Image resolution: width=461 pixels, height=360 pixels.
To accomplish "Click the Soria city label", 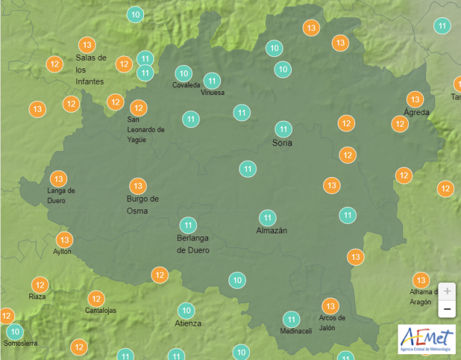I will [282, 143].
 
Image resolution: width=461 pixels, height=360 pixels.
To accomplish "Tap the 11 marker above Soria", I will [283, 129].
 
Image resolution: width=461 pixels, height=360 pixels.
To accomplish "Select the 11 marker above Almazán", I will [267, 218].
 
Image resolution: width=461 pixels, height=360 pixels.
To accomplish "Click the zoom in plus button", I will [447, 291].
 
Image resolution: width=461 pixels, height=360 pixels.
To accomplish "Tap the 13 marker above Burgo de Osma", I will [138, 186].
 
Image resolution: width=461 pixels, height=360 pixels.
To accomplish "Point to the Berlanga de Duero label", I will [193, 244].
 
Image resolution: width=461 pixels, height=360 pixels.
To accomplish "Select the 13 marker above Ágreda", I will [415, 99].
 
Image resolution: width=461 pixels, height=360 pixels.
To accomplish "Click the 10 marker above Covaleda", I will [184, 73].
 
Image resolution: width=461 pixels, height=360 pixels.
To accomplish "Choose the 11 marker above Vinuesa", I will [212, 81].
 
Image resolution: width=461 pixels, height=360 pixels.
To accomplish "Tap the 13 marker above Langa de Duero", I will [59, 178].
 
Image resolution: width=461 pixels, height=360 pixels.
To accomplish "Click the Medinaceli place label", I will [296, 331].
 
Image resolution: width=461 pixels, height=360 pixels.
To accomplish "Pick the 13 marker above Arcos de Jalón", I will [331, 306].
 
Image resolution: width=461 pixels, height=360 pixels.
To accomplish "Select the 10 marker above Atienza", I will [187, 310].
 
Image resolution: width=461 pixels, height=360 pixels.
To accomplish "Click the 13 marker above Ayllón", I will [64, 240].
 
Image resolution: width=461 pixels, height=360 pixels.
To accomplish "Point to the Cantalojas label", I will [101, 310].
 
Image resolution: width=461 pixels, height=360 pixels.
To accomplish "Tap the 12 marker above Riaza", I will [40, 284].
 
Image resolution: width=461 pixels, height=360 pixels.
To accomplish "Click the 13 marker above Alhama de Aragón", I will [421, 280].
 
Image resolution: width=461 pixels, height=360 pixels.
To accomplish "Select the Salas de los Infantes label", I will [90, 70].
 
